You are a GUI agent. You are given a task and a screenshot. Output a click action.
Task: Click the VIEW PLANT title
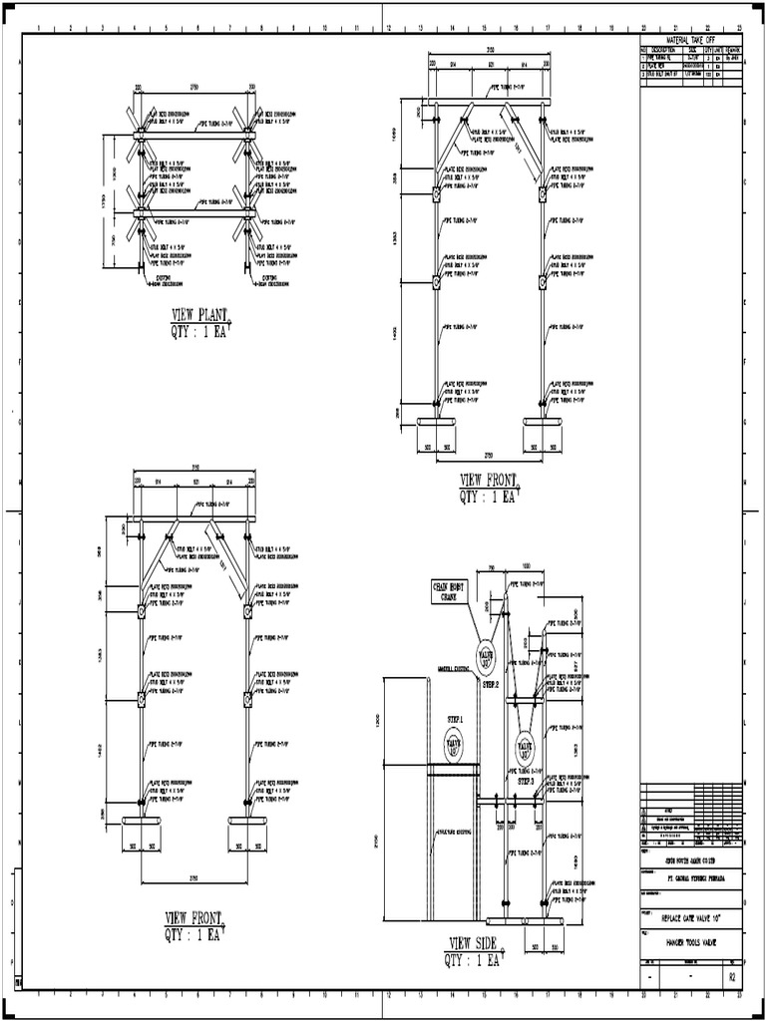pyautogui.click(x=199, y=316)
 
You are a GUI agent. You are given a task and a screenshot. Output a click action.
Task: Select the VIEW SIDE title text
pyautogui.click(x=474, y=944)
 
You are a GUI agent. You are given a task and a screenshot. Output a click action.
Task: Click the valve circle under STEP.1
pyautogui.click(x=454, y=743)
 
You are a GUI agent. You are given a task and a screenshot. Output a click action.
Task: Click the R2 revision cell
pyautogui.click(x=732, y=978)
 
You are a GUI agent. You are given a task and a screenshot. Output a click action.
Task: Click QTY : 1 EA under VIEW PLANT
pyautogui.click(x=199, y=332)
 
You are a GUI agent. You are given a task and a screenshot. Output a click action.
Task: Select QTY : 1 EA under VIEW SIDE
pyautogui.click(x=474, y=960)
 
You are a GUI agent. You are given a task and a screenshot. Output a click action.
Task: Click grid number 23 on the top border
pyautogui.click(x=738, y=29)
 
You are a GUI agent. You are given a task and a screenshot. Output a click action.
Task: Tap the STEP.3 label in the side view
pyautogui.click(x=526, y=782)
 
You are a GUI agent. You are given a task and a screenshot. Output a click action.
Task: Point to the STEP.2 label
pyautogui.click(x=490, y=686)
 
